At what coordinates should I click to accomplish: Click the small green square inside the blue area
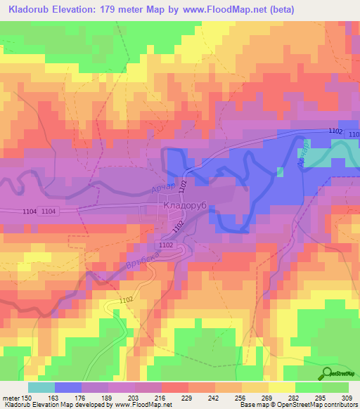[281, 171]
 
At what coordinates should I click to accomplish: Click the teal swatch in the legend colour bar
[41, 387]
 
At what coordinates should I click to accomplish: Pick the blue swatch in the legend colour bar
[67, 387]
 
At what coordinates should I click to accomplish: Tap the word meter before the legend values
[11, 398]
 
